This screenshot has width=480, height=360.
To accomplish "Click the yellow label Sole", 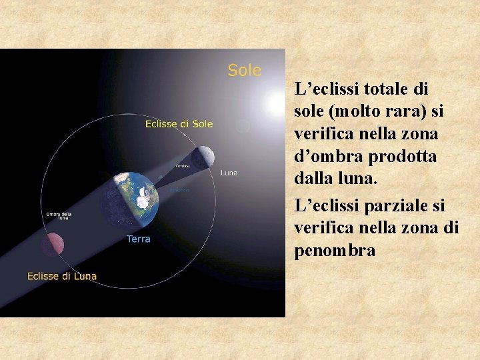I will pos(244,71).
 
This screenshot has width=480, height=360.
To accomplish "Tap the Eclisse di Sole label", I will pos(179,123).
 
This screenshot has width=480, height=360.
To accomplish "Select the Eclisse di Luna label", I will pos(61,276).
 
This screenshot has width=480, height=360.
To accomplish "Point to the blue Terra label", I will pos(139,239).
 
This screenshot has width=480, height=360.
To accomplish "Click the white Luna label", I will pos(229,173).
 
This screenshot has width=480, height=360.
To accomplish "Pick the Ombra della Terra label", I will pos(59,215).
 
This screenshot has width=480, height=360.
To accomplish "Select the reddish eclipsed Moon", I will pos(48,245).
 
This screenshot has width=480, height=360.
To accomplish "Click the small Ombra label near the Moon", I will pos(181,165).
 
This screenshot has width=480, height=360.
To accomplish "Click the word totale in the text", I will pos(383,88).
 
